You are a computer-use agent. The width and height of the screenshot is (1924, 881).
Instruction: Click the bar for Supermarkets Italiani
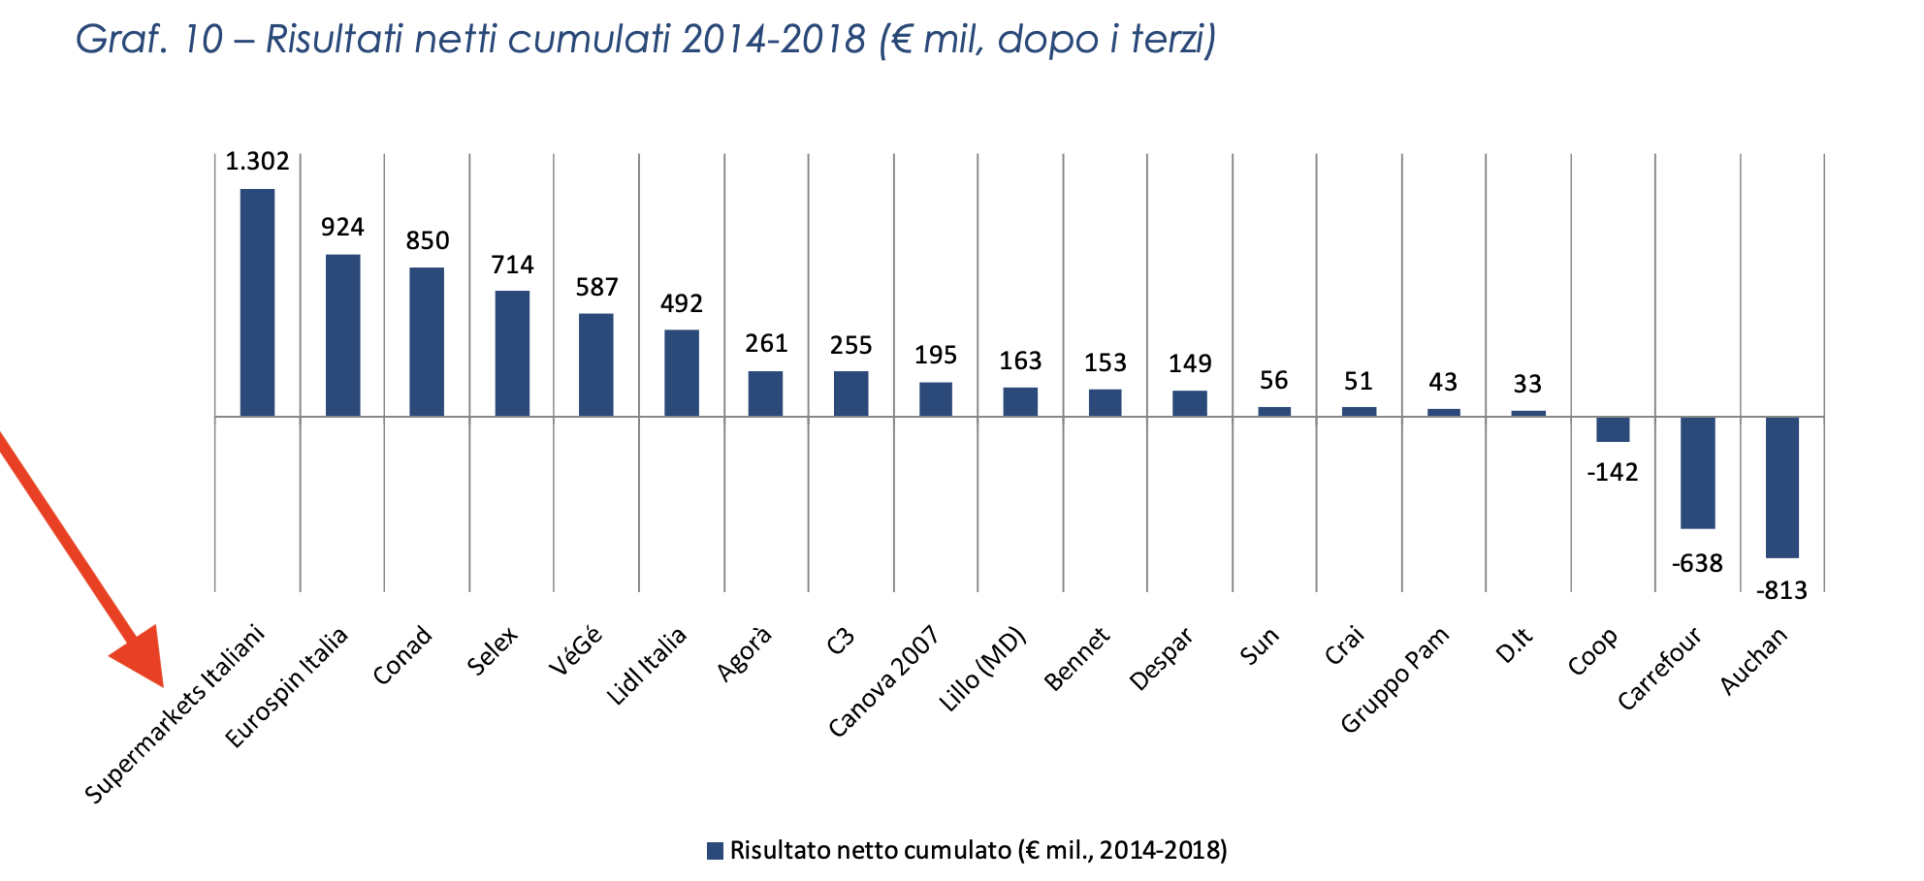point(257,302)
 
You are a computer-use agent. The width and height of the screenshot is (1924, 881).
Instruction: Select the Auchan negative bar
point(1781,487)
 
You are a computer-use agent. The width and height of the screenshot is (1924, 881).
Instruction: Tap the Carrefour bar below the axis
point(1697,472)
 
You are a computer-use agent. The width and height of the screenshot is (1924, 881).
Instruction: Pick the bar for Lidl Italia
point(681,373)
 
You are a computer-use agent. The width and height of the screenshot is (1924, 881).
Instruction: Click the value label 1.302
point(257,162)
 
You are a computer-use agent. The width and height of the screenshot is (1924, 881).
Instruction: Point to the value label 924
point(342,228)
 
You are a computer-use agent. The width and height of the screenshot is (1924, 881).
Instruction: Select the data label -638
point(1697,564)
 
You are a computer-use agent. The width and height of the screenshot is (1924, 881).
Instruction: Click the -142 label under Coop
point(1612,473)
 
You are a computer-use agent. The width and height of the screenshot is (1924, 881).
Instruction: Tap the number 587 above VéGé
point(596,288)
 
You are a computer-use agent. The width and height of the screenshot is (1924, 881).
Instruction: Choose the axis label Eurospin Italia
point(287,688)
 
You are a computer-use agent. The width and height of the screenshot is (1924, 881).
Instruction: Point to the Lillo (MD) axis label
point(982,670)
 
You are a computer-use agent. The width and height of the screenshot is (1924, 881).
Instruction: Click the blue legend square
point(715,851)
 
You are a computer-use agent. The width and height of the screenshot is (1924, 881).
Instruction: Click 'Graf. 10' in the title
point(148,40)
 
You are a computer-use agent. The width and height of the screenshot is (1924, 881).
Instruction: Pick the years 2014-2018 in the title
point(773,40)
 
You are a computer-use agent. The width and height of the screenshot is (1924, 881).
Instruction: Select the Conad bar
point(427,341)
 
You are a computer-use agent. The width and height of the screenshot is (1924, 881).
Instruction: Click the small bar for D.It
point(1527,413)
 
